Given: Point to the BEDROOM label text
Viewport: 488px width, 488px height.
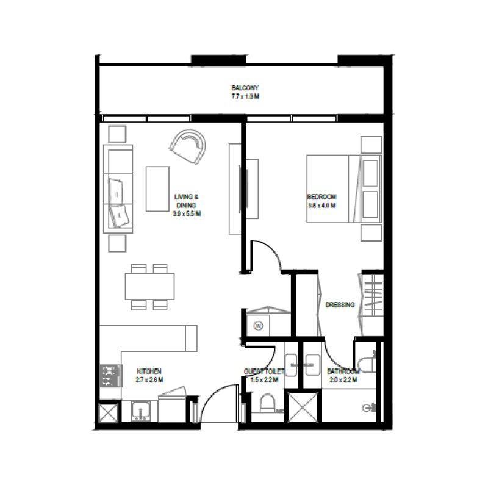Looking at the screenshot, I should [321, 197].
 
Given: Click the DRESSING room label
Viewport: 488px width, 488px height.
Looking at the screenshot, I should [340, 304].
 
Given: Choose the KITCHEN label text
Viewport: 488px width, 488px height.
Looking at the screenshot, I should [149, 371].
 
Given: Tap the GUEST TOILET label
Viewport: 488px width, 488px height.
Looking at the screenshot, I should [264, 371].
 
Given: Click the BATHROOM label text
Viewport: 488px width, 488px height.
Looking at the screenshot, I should [342, 371].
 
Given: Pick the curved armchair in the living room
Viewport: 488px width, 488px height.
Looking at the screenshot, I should [188, 146].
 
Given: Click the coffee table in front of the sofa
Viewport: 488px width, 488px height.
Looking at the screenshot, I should [157, 188].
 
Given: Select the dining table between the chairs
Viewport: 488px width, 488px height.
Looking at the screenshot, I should [149, 286].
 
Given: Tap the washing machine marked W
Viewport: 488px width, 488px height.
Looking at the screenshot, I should [259, 326].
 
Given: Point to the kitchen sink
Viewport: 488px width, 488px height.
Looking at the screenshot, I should [141, 411].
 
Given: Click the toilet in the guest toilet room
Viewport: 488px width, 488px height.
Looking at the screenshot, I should [267, 404].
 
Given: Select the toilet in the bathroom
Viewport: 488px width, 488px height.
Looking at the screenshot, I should [368, 364].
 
